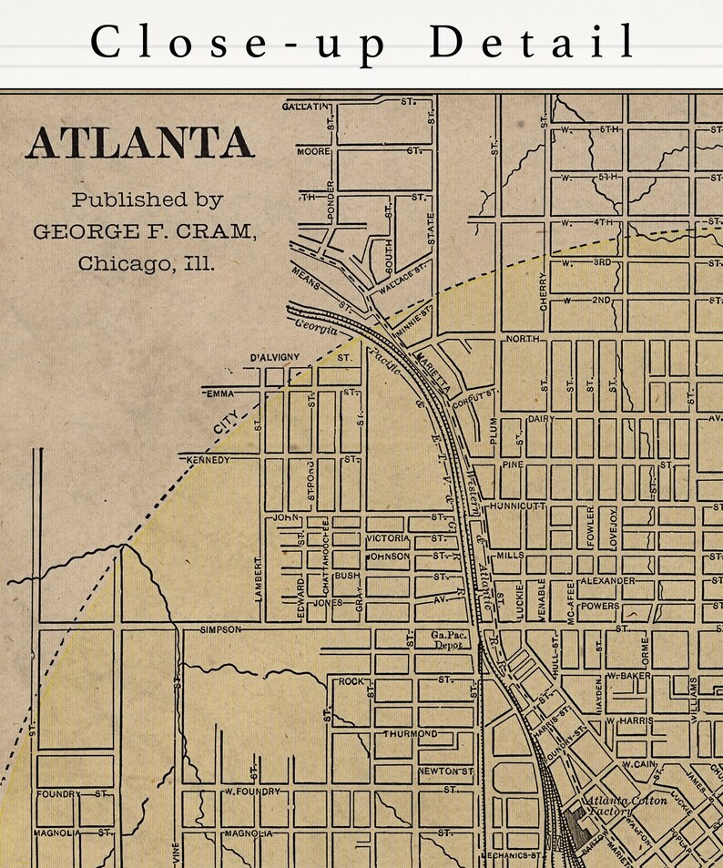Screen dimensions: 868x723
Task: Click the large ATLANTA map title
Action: [139, 144]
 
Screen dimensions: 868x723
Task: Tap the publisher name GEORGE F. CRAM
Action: [145, 232]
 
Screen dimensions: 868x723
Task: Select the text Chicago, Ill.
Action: [147, 264]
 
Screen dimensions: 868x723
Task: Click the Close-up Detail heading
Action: [361, 43]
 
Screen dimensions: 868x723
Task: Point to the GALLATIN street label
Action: [305, 107]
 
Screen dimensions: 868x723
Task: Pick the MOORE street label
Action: [312, 150]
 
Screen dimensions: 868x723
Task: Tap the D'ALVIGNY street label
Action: [274, 358]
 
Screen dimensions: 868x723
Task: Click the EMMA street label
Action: [220, 393]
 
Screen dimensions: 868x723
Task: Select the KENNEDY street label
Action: [208, 461]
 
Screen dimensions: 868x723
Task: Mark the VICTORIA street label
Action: [388, 538]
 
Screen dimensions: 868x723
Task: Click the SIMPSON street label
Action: [220, 629]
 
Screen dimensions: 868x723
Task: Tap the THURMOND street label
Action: [410, 733]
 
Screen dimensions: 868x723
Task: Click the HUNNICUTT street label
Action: [515, 505]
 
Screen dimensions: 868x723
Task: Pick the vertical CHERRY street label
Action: [544, 291]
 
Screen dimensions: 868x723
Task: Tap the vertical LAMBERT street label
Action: [260, 578]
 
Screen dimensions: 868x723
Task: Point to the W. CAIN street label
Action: [639, 764]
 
